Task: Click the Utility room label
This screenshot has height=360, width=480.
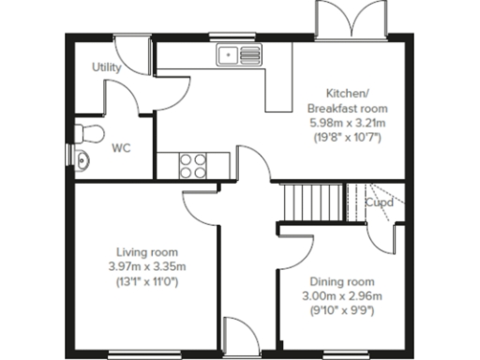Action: (106, 68)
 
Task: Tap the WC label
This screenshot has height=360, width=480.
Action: (121, 148)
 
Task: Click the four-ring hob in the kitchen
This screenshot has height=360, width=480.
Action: (193, 165)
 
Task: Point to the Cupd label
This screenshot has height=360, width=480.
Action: (379, 202)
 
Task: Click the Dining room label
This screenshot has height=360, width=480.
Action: (342, 281)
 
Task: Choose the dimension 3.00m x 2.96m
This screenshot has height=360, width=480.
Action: (342, 296)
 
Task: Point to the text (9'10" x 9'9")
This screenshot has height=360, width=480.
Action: (342, 311)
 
